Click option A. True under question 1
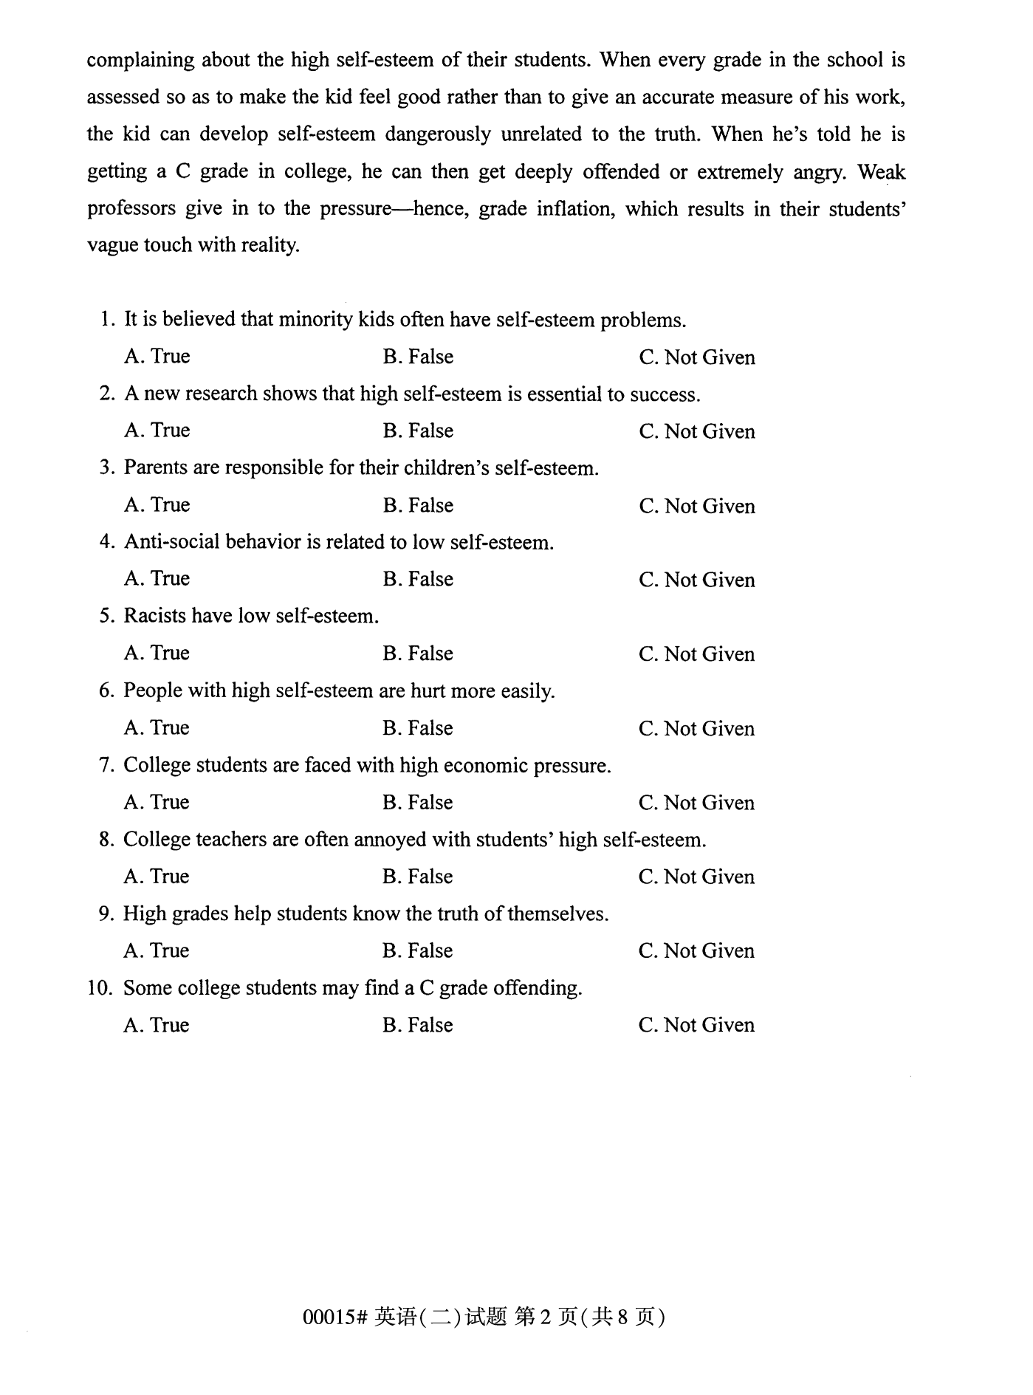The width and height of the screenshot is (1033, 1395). [157, 357]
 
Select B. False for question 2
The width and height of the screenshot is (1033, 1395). [418, 431]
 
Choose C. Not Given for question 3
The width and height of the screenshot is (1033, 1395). [696, 506]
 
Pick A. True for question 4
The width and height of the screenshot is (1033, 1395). [157, 579]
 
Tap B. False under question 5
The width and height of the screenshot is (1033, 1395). [418, 654]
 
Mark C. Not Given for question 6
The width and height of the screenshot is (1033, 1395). [696, 728]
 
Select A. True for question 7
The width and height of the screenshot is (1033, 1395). [157, 802]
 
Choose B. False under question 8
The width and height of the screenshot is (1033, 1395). [418, 877]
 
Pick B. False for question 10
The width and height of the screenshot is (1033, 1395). [418, 1025]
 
